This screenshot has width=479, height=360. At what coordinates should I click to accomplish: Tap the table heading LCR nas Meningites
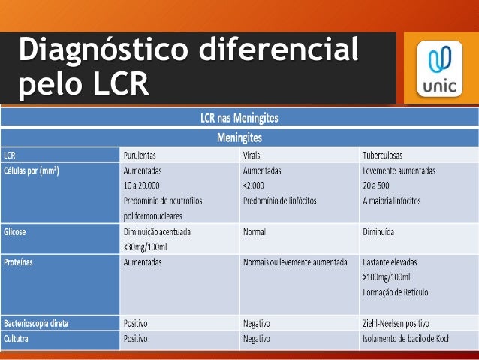pyautogui.click(x=239, y=118)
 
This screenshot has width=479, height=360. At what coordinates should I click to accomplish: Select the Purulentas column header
pyautogui.click(x=146, y=155)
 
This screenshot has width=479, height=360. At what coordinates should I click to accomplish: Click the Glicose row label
pyautogui.click(x=16, y=232)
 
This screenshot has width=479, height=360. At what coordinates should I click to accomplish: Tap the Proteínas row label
pyautogui.click(x=19, y=263)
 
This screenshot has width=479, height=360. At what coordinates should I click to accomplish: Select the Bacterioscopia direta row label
pyautogui.click(x=37, y=323)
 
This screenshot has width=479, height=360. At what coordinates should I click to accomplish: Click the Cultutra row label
pyautogui.click(x=18, y=339)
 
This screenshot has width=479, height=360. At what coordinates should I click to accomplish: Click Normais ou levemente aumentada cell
pyautogui.click(x=295, y=263)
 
